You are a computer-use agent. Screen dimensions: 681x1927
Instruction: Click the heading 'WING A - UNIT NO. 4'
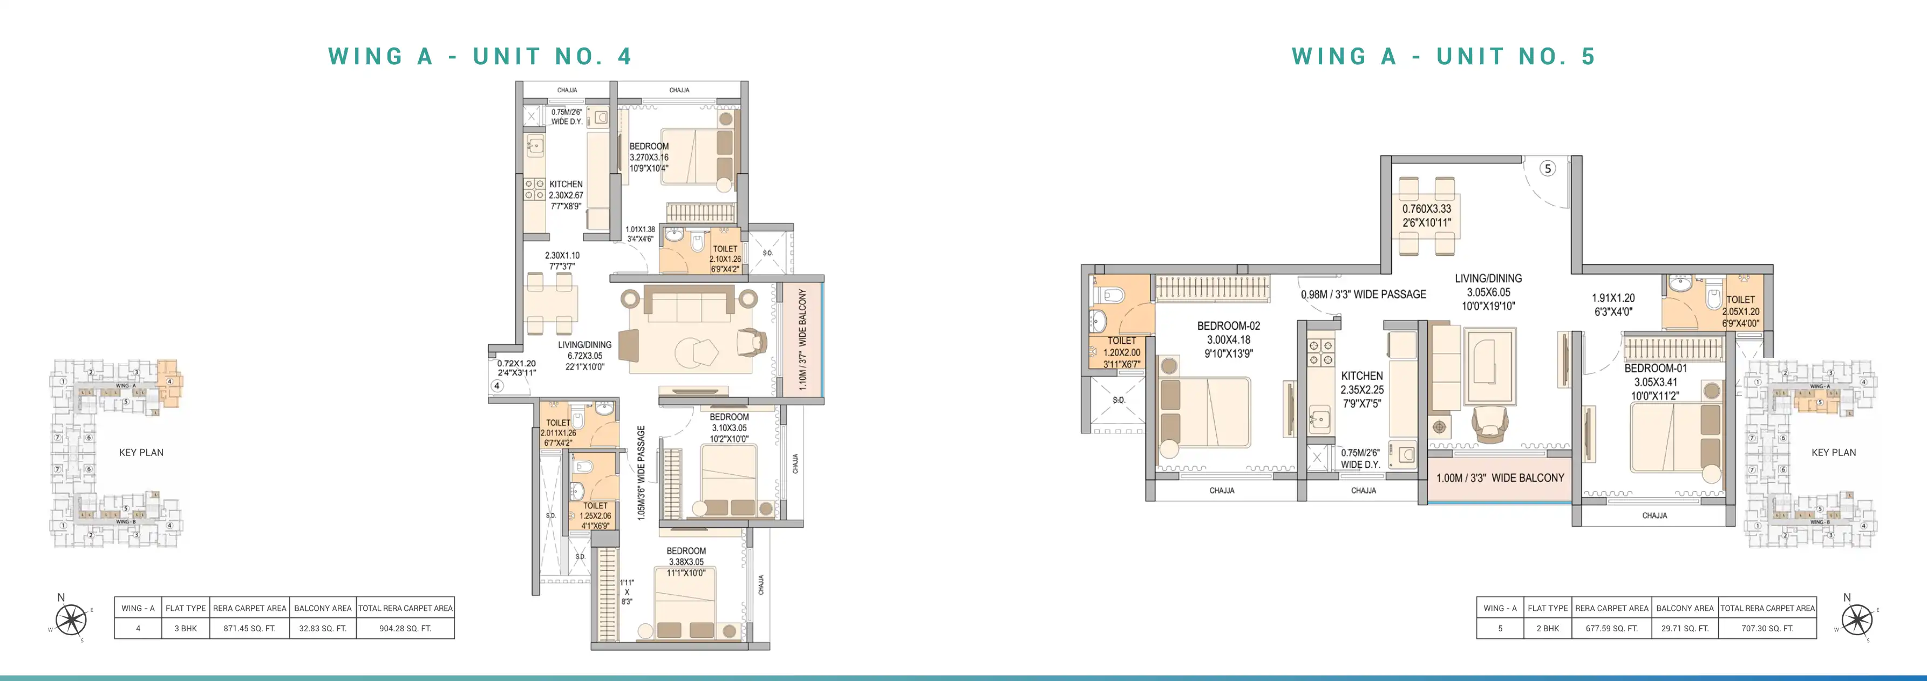tap(480, 56)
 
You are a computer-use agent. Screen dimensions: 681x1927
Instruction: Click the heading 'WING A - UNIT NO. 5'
tap(1443, 56)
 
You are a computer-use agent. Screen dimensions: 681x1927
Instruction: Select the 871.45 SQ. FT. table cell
tap(249, 628)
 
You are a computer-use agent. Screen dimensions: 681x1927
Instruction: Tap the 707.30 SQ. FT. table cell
tap(1767, 628)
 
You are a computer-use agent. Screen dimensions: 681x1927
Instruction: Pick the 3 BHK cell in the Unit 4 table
tap(186, 628)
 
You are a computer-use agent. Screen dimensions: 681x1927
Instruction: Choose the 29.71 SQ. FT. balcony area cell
tap(1685, 628)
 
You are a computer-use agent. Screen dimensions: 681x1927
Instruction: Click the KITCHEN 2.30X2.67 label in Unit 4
tap(566, 195)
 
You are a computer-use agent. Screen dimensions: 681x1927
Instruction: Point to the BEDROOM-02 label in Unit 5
tap(1228, 339)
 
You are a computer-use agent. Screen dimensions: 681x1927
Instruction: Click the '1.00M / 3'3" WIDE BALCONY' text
tap(1500, 478)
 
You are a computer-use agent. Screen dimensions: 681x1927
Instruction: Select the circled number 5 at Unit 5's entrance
tap(1548, 168)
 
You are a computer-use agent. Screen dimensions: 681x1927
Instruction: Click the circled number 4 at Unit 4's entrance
tap(496, 386)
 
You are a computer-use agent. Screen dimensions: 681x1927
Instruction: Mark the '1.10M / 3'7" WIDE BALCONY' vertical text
tap(802, 339)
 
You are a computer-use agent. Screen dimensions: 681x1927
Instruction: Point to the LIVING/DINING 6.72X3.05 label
tap(584, 356)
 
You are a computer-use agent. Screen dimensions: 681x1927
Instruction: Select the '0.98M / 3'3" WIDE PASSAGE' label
tap(1363, 294)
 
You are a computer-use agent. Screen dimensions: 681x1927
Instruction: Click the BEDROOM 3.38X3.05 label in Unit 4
tap(685, 561)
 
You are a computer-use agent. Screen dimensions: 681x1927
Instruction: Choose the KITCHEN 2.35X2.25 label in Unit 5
tap(1361, 389)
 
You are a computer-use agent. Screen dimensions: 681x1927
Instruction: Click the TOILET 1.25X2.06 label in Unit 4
tap(595, 515)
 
